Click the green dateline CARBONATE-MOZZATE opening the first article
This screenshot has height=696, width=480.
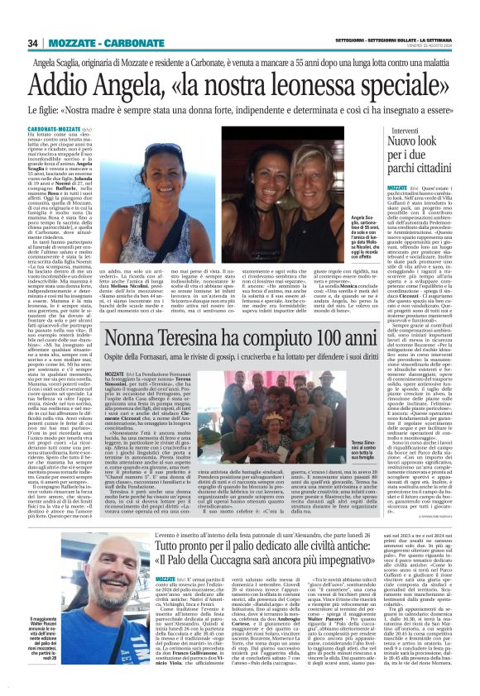pos(60,130)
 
